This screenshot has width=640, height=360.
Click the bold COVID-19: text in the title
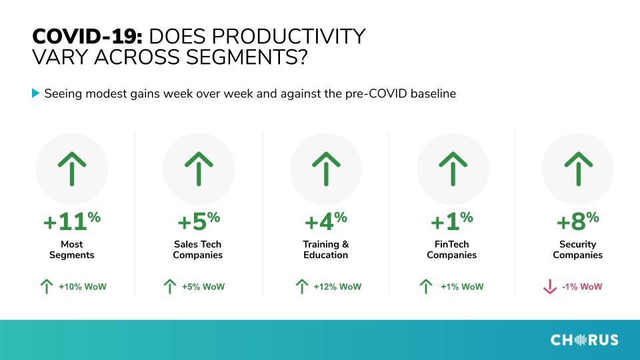tap(87, 36)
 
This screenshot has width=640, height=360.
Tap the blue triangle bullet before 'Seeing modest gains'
tap(35, 93)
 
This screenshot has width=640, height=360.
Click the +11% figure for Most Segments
tap(72, 221)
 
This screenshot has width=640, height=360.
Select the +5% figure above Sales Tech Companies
tap(199, 221)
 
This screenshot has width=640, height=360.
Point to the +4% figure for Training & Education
tap(326, 221)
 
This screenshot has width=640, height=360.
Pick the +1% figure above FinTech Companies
tap(452, 221)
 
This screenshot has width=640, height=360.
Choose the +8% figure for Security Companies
tap(577, 221)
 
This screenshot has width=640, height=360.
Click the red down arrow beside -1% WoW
tap(550, 287)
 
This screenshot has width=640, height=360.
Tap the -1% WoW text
tap(581, 287)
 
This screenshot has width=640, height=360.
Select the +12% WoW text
tap(337, 287)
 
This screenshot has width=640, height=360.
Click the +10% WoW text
tap(83, 287)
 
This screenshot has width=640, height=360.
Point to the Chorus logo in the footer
tap(584, 340)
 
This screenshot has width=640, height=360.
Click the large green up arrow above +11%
tap(72, 169)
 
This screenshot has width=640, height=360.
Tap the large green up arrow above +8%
tap(579, 169)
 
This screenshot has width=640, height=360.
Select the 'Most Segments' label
tap(72, 249)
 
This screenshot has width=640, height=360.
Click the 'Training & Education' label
tap(326, 249)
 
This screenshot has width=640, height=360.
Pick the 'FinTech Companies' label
tap(452, 249)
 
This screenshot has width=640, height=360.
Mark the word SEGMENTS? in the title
tap(247, 57)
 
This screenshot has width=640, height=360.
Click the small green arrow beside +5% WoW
tap(170, 287)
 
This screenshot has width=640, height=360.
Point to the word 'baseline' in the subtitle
tap(433, 93)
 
